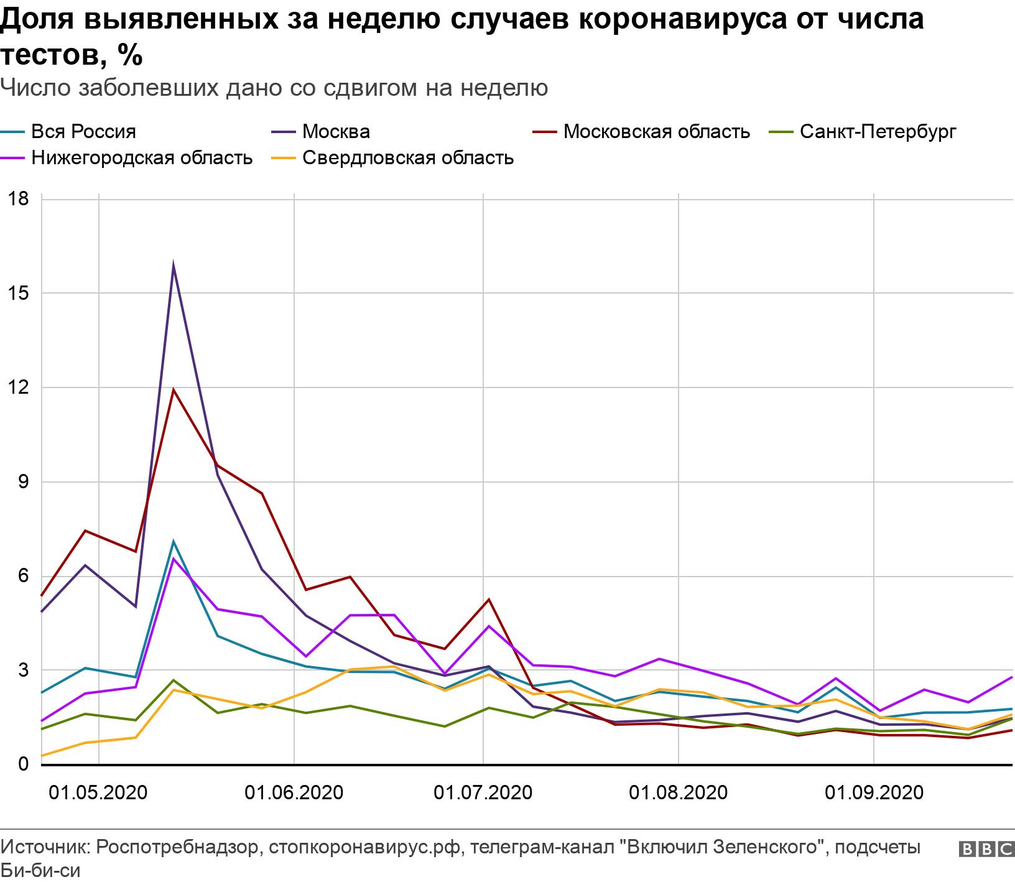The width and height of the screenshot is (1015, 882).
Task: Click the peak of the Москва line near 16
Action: [x=173, y=264]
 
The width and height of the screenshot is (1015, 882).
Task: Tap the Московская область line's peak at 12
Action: [x=173, y=390]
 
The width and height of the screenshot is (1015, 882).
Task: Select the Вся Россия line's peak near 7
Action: [x=174, y=542]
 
